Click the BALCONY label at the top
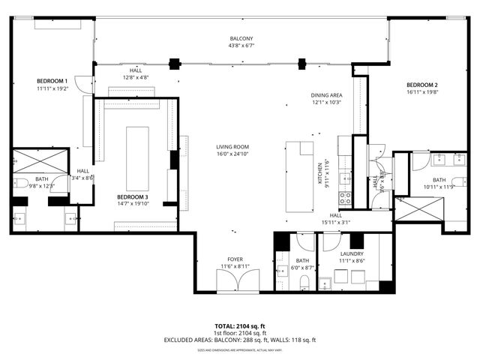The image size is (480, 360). tap(241, 38)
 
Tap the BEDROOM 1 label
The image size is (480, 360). tap(52, 80)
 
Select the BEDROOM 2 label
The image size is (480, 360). tap(421, 85)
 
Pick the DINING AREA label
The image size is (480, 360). tap(326, 95)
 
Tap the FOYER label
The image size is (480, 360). tap(235, 259)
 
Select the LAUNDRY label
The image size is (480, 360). tap(351, 254)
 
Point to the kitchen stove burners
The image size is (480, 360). tap(346, 198)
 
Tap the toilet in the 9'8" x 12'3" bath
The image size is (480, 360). tap(21, 183)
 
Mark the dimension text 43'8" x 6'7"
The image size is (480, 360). tap(241, 46)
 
